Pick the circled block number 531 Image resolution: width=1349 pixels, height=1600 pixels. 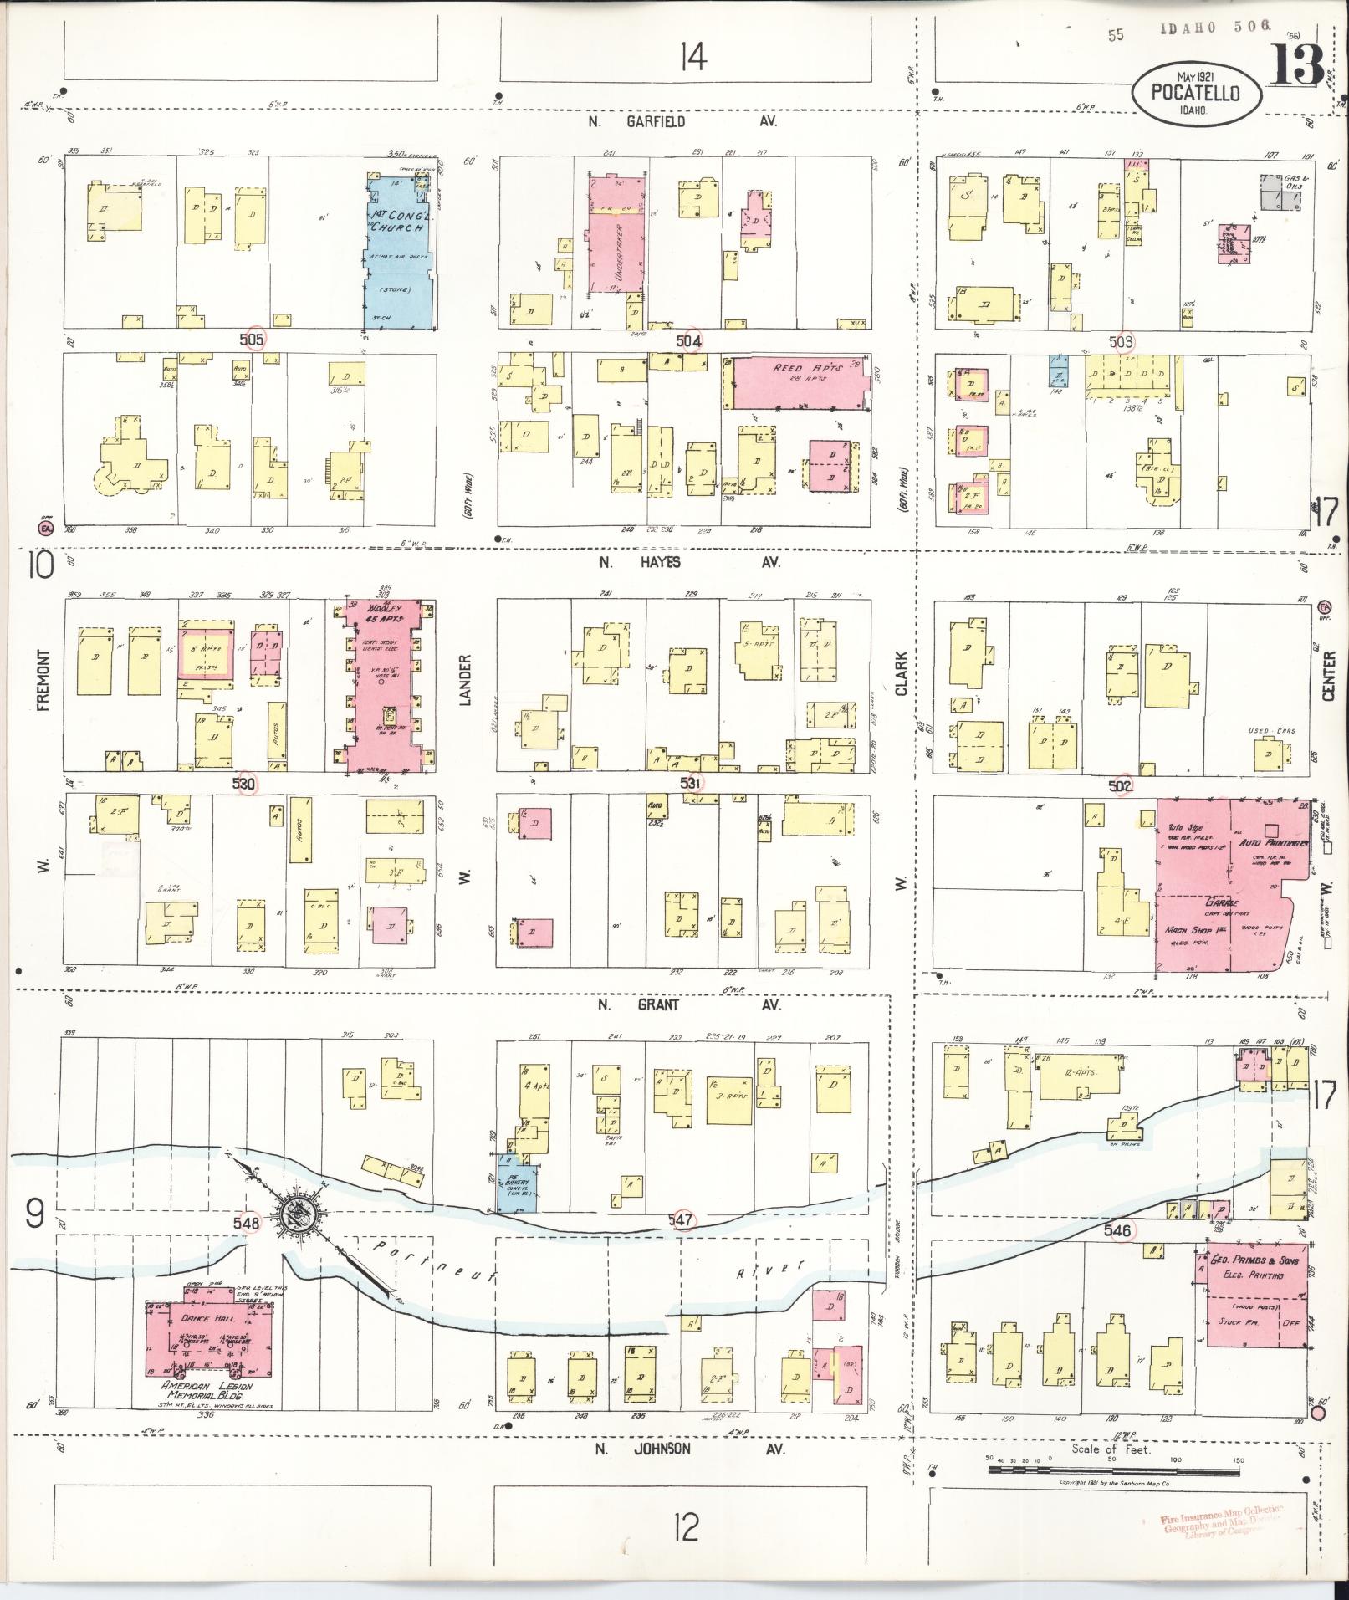pyautogui.click(x=690, y=783)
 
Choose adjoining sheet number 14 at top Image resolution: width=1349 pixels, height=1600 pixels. pyautogui.click(x=692, y=58)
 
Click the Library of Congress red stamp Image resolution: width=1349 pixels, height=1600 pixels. pyautogui.click(x=1221, y=1523)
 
